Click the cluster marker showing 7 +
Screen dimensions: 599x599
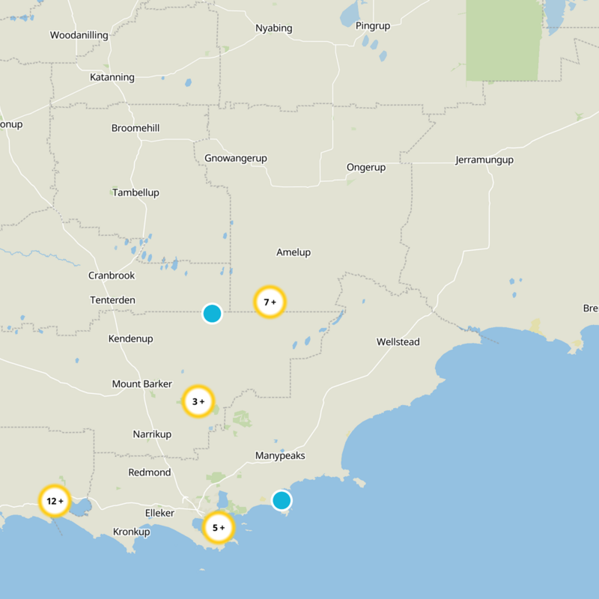click(x=270, y=302)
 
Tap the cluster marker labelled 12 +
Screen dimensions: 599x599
click(x=55, y=501)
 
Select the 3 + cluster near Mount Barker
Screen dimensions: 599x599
click(x=198, y=401)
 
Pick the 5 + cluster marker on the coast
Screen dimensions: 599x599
click(x=219, y=528)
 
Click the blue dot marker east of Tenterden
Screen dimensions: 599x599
click(x=212, y=314)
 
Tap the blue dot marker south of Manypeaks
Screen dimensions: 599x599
click(x=282, y=499)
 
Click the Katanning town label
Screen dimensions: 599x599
click(x=112, y=77)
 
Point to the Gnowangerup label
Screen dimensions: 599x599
click(x=236, y=158)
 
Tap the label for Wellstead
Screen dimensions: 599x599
click(x=398, y=342)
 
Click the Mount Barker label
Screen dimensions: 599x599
click(x=142, y=384)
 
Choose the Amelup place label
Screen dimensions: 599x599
click(x=294, y=252)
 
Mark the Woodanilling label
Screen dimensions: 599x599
click(x=79, y=35)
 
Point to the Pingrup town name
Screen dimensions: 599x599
click(x=373, y=25)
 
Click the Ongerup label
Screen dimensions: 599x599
click(x=366, y=167)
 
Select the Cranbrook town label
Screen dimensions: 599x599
click(x=112, y=276)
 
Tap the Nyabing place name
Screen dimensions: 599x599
click(x=273, y=28)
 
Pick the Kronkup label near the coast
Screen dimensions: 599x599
click(x=132, y=532)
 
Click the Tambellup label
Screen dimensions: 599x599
click(x=136, y=192)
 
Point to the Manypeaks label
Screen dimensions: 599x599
click(x=280, y=455)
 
